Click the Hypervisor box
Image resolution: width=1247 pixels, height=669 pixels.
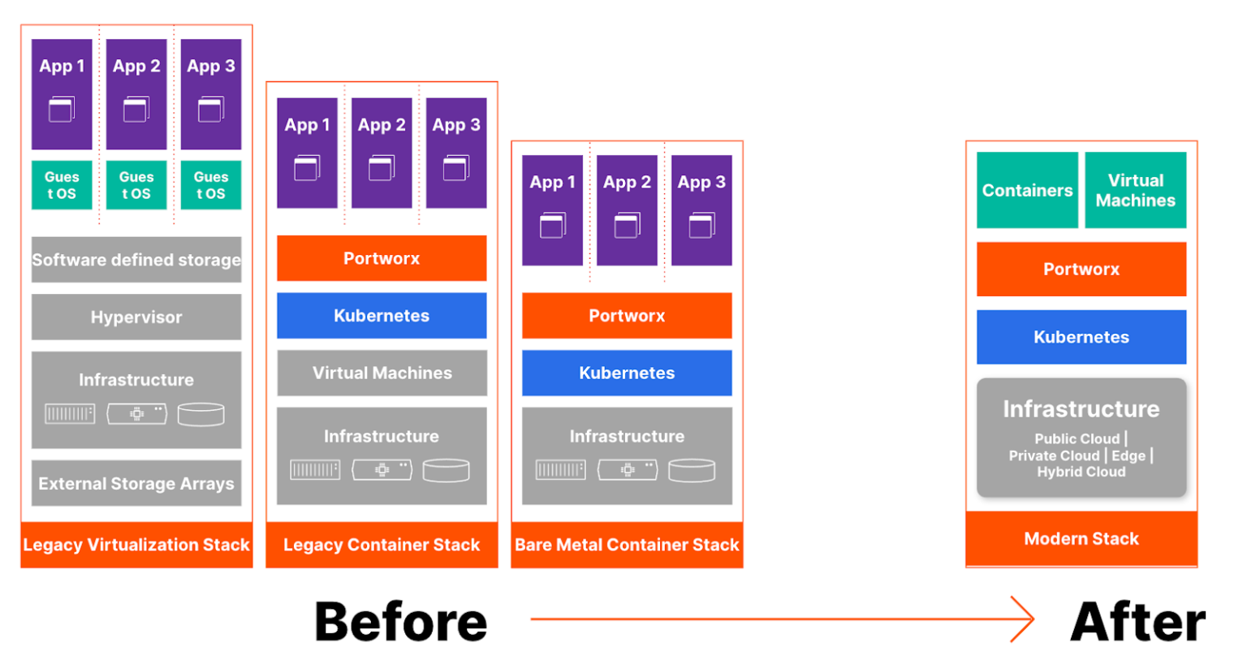point(136,317)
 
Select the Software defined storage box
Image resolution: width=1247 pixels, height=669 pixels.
point(136,260)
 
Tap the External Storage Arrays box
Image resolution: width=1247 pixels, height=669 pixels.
point(136,483)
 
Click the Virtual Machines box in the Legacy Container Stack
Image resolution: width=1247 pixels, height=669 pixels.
point(382,373)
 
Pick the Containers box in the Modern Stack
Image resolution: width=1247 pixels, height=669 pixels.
point(1027,190)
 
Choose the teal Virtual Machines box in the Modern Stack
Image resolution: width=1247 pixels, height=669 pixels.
point(1135,190)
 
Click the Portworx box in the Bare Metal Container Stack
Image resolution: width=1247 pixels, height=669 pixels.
point(627,315)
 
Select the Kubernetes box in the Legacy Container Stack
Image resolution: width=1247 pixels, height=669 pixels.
point(382,315)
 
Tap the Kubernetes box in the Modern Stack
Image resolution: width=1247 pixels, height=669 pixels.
point(1081,337)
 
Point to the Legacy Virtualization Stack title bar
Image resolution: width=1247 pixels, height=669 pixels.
point(136,545)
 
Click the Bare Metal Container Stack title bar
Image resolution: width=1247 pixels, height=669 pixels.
point(627,545)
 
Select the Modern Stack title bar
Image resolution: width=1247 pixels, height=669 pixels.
point(1081,538)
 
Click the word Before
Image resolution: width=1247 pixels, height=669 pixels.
point(401,622)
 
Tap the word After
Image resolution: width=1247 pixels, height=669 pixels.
point(1137,622)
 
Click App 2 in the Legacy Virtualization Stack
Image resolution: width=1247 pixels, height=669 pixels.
point(136,94)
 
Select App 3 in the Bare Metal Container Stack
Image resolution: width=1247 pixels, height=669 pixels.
point(701,210)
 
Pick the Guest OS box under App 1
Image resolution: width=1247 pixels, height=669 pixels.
point(62,185)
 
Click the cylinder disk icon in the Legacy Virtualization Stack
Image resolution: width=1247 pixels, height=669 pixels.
point(201,414)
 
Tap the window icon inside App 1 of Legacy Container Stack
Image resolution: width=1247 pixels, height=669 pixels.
point(307,168)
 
